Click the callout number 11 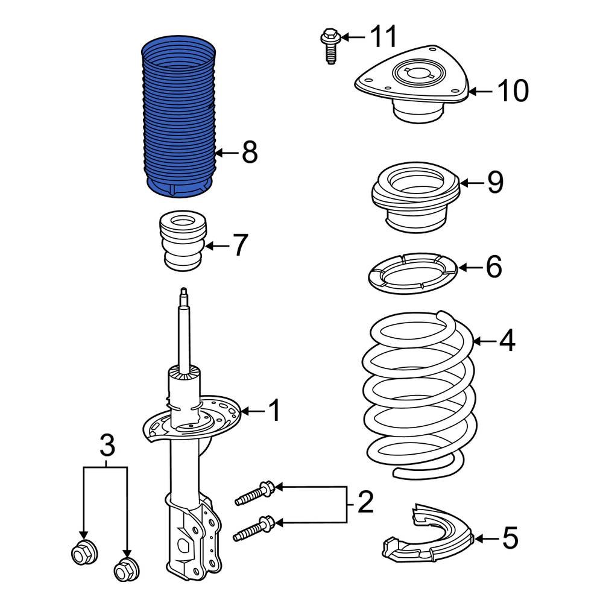coord(384,37)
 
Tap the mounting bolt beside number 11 coord(328,45)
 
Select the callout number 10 coord(513,91)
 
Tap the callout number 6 coord(493,267)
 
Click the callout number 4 coord(507,341)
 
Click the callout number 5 coord(510,538)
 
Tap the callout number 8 coord(250,153)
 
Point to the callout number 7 coord(239,245)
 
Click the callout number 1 coord(274,411)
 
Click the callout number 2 coord(365,502)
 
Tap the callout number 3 coord(106,447)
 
